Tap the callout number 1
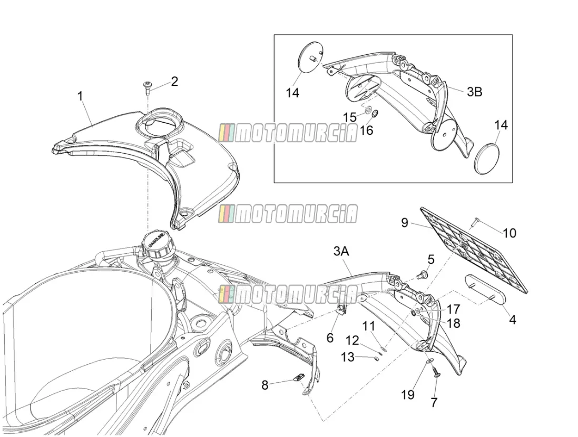[80, 96]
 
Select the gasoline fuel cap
[157, 244]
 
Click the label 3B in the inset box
[474, 92]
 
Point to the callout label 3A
[341, 252]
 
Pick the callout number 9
[404, 223]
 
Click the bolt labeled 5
[423, 274]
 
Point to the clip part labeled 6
[342, 309]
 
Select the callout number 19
[407, 395]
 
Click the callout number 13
[347, 356]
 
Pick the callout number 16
[367, 130]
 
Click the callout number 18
[454, 323]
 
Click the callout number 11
[368, 326]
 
